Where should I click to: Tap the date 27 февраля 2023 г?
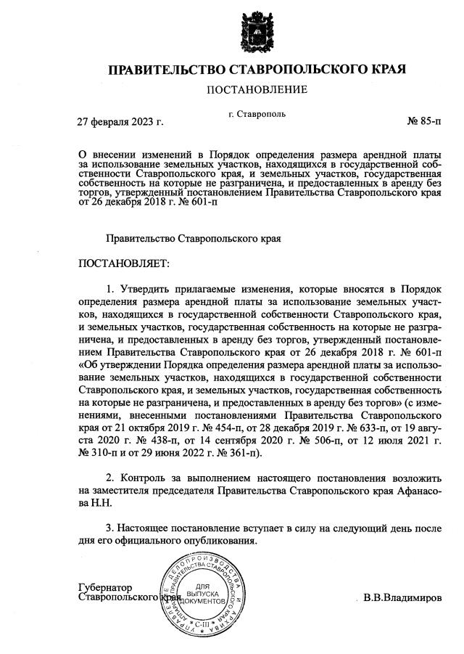tap(120, 121)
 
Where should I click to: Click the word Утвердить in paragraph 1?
tap(149, 290)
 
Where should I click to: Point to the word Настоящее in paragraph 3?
tap(151, 527)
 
